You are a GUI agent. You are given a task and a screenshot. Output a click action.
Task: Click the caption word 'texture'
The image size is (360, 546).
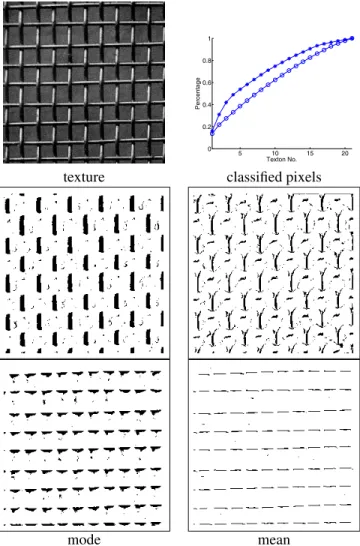84,177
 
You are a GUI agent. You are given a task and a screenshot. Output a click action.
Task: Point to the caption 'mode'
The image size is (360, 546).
84,539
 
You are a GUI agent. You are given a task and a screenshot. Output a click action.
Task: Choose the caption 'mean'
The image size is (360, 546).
274,540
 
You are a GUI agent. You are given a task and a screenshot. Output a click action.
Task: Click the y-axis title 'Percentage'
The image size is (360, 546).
198,93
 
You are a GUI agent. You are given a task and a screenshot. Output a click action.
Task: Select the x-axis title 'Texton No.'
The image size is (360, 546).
282,159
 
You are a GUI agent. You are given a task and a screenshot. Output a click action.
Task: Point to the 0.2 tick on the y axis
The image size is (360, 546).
206,127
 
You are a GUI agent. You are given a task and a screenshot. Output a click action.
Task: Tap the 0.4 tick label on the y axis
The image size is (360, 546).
206,105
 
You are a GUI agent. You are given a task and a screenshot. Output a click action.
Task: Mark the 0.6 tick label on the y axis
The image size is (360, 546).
206,83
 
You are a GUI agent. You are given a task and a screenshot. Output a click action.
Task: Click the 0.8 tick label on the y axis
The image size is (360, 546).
206,61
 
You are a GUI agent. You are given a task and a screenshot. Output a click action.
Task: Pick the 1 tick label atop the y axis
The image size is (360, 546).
209,39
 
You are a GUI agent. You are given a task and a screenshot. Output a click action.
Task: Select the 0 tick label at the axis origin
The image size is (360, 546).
209,149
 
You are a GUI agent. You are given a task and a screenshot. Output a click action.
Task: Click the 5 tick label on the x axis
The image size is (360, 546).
240,154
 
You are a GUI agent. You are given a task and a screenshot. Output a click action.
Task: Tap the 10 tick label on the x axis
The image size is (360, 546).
275,154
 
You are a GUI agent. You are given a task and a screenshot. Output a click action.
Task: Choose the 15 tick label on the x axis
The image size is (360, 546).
310,154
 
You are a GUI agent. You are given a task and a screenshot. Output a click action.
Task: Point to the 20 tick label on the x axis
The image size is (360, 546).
345,154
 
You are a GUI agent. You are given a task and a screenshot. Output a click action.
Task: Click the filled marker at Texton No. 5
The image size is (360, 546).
240,89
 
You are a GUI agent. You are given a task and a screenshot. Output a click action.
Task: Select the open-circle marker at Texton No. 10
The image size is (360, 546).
275,80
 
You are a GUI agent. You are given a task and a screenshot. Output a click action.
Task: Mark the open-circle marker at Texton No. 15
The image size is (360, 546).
310,57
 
